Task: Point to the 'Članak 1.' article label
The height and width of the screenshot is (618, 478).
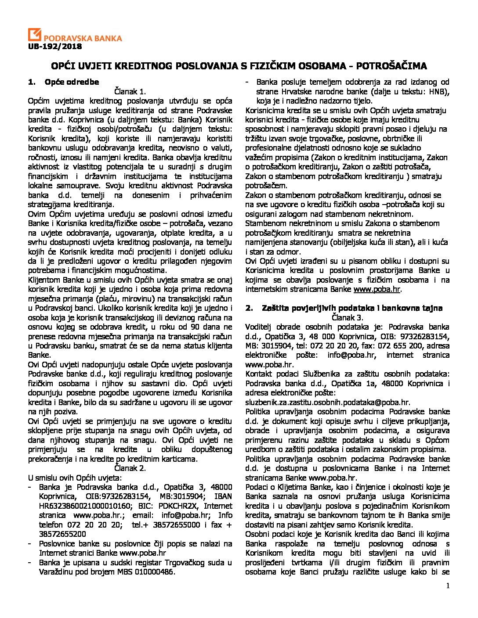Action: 130,91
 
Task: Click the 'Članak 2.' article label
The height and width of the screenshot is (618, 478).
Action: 130,468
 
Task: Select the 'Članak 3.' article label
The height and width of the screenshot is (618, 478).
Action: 347,317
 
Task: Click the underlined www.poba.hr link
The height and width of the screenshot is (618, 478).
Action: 383,289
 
